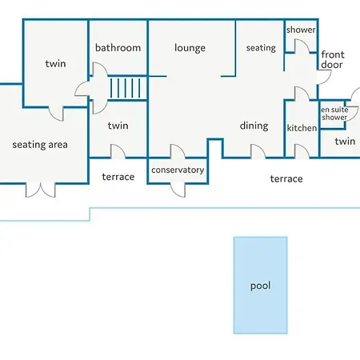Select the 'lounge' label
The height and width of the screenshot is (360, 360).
[190, 48]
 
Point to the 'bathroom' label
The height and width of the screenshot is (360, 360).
[118, 48]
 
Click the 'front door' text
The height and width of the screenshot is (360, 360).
[333, 60]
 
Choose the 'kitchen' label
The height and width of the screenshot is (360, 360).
[302, 128]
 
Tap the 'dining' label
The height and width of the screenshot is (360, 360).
[254, 126]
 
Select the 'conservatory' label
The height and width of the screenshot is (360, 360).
[178, 170]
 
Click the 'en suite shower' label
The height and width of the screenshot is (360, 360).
[334, 114]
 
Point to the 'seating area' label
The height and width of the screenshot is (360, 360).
[40, 145]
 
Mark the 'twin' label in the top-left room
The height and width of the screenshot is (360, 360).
[55, 64]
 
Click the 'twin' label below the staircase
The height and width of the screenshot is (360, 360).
[118, 126]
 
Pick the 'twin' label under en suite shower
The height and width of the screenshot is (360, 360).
[345, 142]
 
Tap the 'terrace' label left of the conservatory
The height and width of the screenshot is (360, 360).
[118, 177]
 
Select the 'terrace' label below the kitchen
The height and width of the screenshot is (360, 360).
[286, 178]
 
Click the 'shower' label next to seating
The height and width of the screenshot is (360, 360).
[301, 30]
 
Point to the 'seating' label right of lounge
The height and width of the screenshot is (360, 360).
[261, 48]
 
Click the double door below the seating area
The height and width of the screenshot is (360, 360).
[41, 190]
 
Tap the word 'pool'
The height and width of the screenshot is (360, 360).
[261, 285]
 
